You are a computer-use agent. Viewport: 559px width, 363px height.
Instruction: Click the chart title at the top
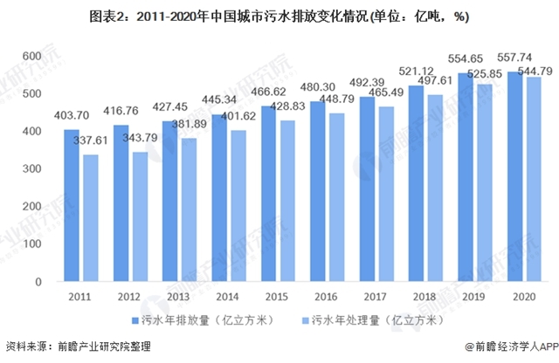[279, 13]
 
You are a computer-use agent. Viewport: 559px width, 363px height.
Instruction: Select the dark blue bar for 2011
[71, 206]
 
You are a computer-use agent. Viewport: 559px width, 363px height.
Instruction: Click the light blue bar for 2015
[286, 201]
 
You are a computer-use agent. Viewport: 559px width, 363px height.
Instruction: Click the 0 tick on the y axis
[38, 283]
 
